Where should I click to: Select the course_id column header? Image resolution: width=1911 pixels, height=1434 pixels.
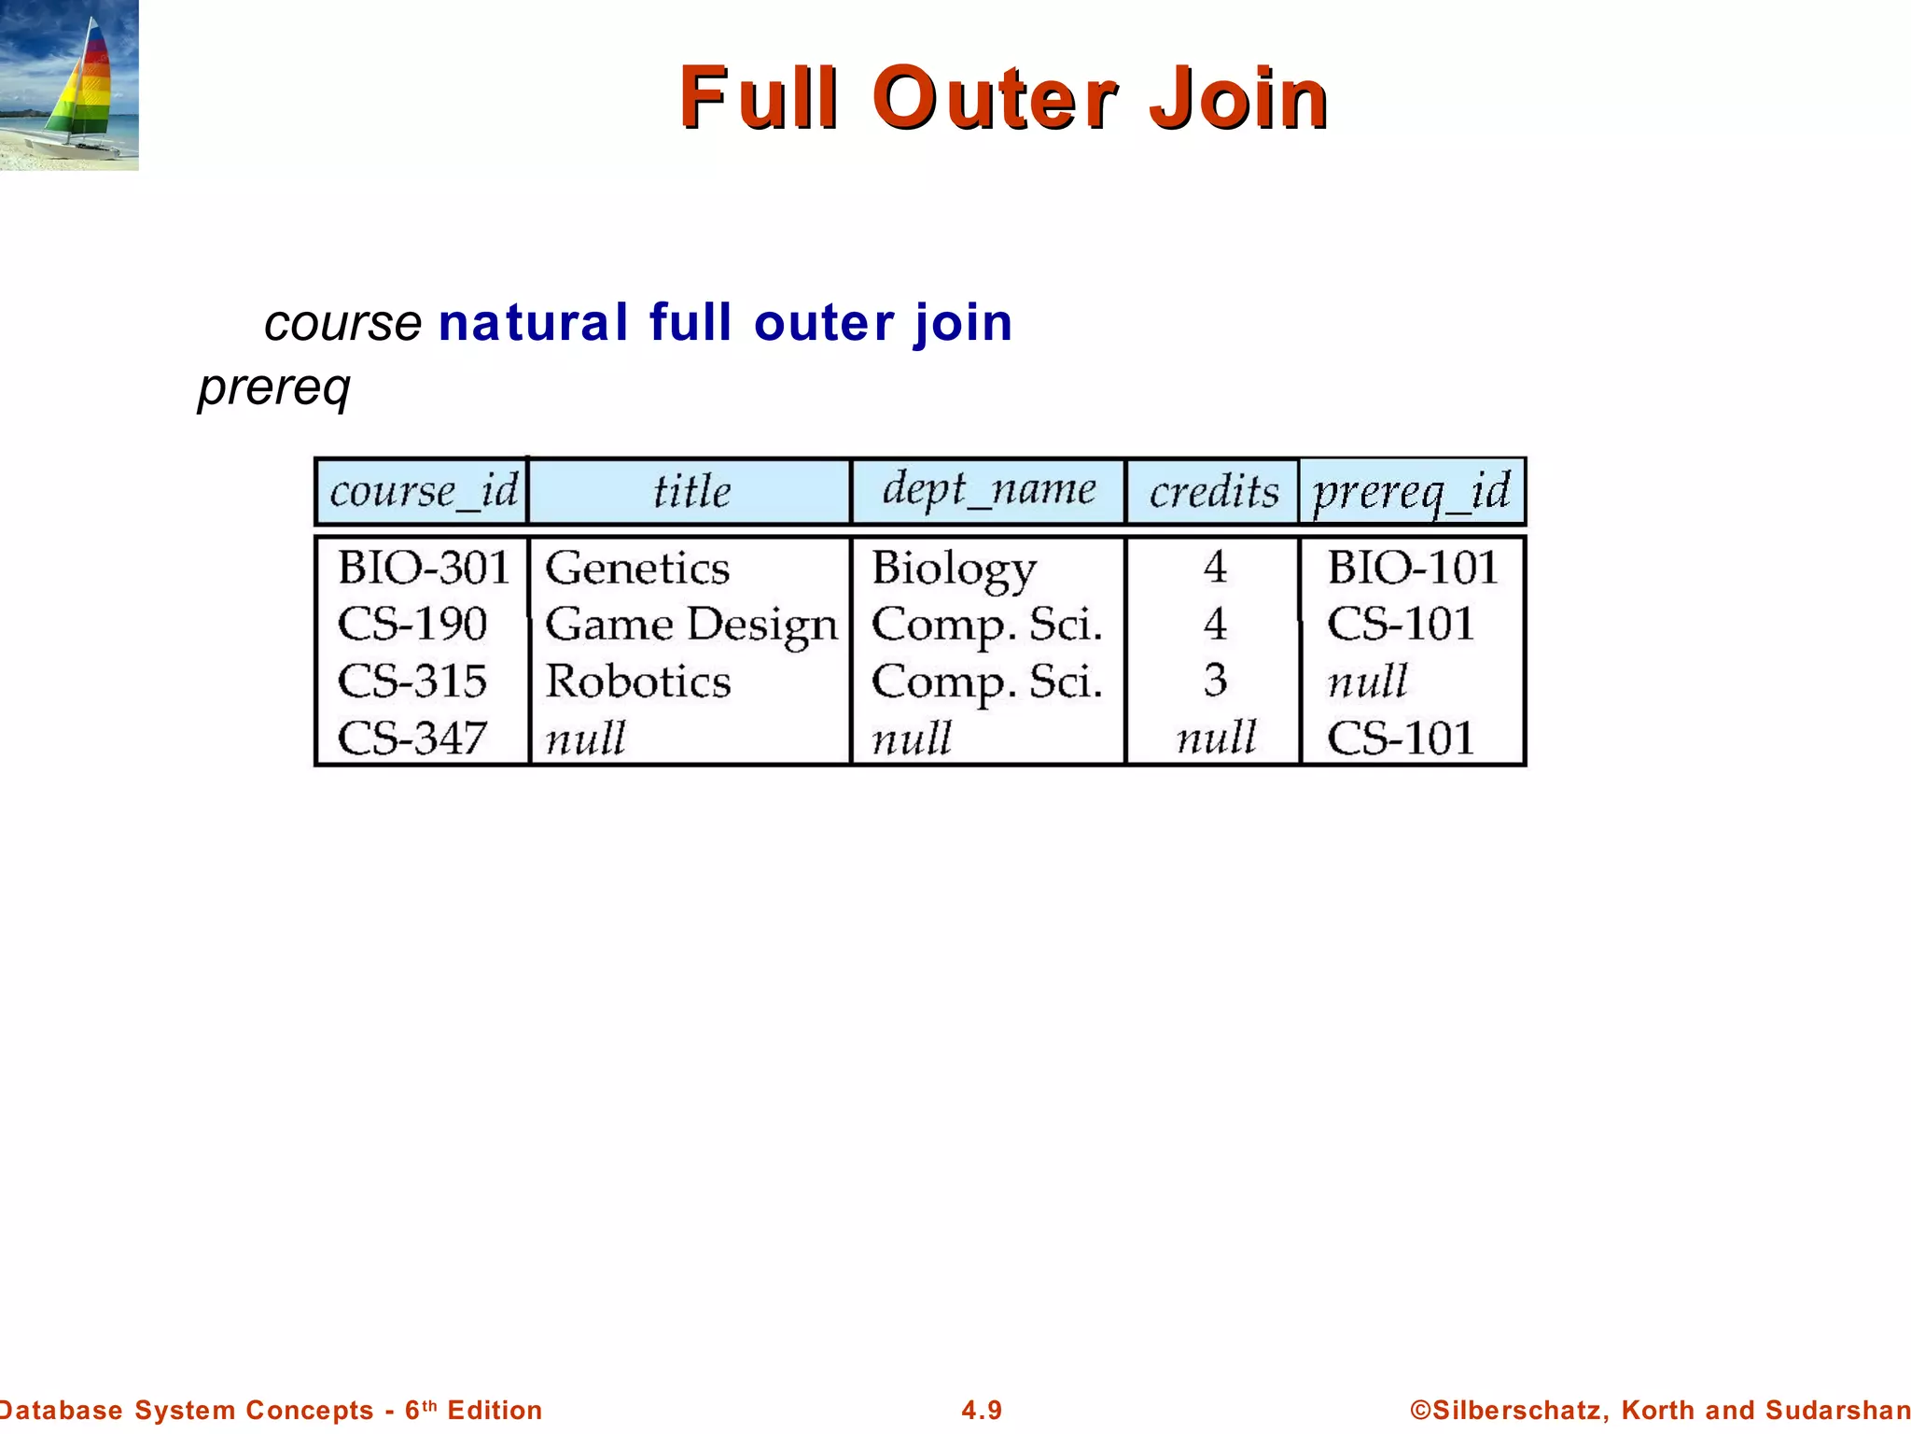click(423, 491)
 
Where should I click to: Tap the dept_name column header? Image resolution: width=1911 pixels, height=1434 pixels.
click(988, 490)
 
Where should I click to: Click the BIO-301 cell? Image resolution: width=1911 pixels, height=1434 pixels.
click(424, 568)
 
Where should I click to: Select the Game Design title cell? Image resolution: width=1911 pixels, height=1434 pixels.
click(690, 625)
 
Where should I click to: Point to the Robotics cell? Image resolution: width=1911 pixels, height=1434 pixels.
click(638, 682)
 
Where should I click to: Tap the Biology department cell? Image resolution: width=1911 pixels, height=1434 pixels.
click(954, 569)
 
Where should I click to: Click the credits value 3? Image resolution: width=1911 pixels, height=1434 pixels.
click(1215, 681)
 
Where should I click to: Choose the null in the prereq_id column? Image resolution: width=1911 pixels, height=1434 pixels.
click(1367, 682)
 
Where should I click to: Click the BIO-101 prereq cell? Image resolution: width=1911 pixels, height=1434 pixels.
click(1412, 568)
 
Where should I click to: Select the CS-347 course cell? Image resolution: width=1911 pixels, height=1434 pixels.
click(412, 738)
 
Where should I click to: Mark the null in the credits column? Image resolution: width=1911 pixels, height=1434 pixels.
click(1216, 738)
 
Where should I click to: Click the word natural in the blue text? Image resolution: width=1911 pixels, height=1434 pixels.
click(533, 323)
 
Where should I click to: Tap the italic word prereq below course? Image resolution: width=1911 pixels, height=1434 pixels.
click(274, 387)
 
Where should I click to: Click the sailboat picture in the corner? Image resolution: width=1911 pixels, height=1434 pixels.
click(69, 85)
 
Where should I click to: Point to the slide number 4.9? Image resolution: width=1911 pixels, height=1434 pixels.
click(982, 1410)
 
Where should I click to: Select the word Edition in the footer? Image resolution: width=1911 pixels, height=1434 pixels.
click(495, 1410)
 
